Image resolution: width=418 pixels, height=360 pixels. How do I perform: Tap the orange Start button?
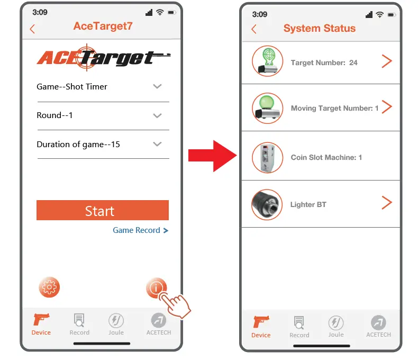point(102,210)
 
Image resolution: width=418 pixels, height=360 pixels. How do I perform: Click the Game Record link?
point(140,230)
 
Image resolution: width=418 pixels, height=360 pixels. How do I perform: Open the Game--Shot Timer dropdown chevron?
point(157,86)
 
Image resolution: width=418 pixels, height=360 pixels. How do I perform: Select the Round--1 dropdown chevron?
point(157,115)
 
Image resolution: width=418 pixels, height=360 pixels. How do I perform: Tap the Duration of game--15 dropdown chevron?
point(157,144)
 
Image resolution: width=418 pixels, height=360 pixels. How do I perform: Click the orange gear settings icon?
point(49,287)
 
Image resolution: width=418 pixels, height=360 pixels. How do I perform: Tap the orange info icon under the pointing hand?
point(156,288)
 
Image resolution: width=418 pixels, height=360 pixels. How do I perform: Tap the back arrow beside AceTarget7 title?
point(33,29)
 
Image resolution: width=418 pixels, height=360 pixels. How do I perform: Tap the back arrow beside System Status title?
point(254,29)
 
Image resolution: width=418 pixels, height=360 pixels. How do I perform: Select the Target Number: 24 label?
point(324,62)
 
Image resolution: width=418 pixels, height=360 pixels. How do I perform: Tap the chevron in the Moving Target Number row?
point(387,107)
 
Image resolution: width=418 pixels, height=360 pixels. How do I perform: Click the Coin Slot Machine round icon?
point(267,157)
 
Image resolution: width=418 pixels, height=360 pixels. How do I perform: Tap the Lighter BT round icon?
point(267,204)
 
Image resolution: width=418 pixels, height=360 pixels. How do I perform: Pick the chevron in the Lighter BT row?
point(387,203)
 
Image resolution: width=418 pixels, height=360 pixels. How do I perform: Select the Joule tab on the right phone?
point(336,326)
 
